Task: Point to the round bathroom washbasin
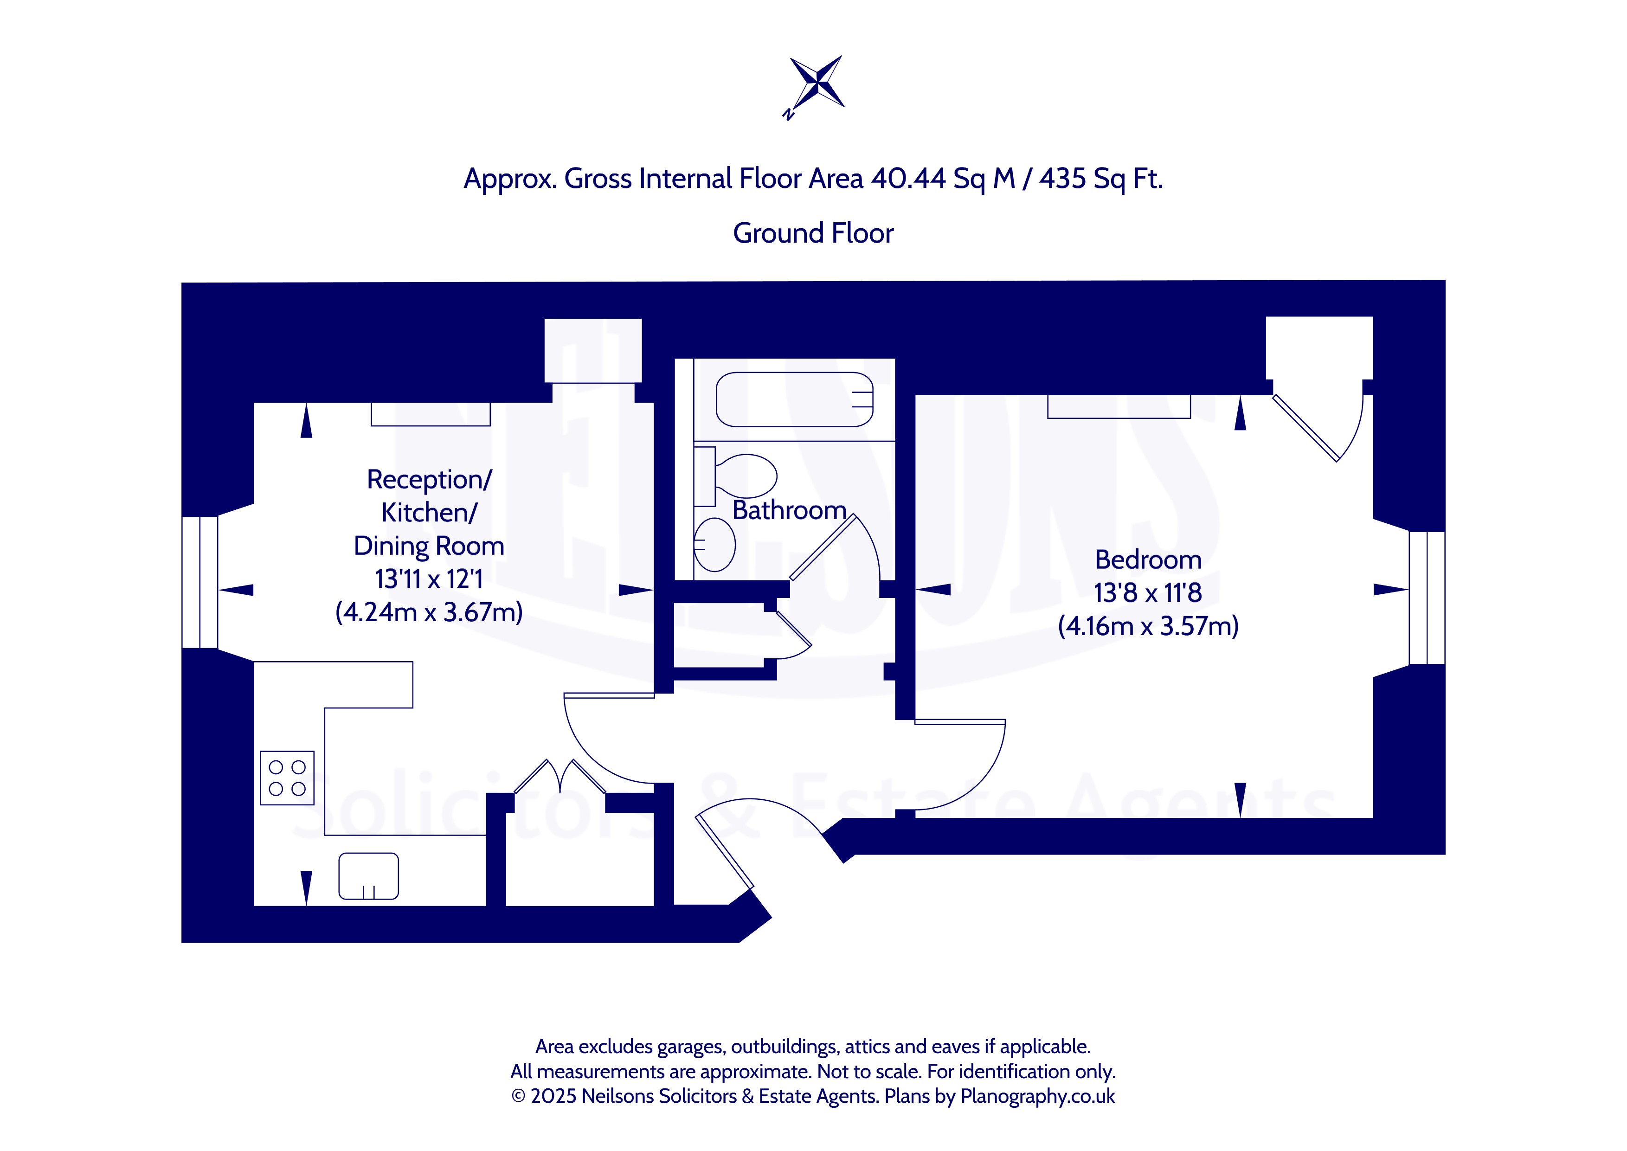tap(714, 544)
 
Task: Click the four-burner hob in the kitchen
tap(287, 778)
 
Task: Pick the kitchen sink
tap(368, 876)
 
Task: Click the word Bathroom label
tap(790, 510)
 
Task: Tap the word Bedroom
tap(1148, 560)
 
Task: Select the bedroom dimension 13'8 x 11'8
tap(1148, 592)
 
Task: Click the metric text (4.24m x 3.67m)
tap(429, 611)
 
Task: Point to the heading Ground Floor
tap(814, 233)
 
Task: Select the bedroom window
tap(1427, 598)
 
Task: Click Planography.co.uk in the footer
tap(1037, 1096)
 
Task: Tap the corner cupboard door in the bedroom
tap(1305, 428)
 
